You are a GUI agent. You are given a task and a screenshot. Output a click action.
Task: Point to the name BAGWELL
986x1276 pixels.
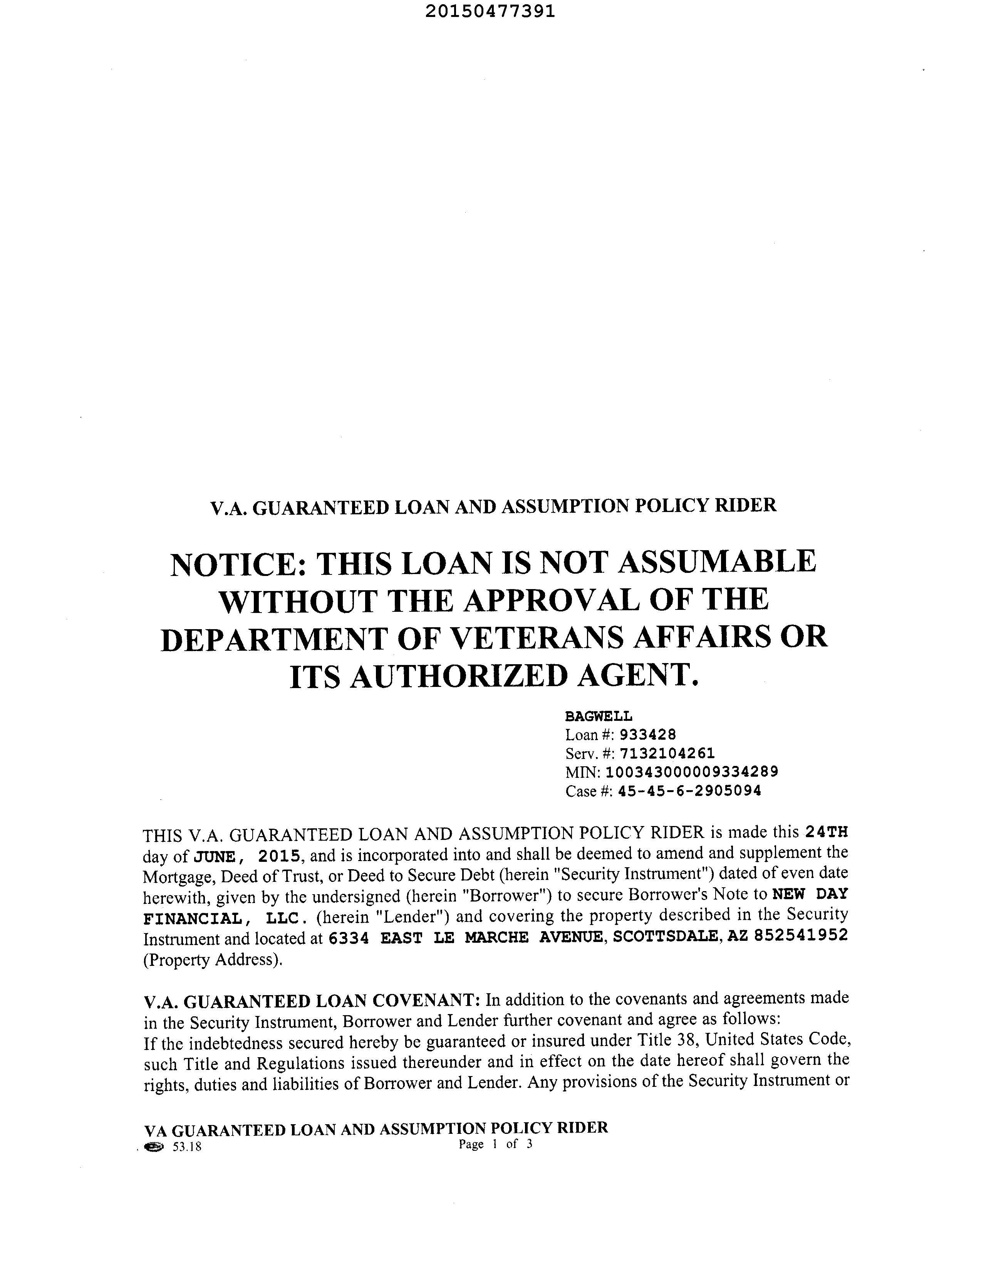coord(598,716)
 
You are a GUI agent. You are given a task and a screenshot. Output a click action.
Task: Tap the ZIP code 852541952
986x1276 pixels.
coord(801,936)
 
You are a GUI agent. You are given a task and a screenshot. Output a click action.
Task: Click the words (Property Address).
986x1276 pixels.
coord(213,959)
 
